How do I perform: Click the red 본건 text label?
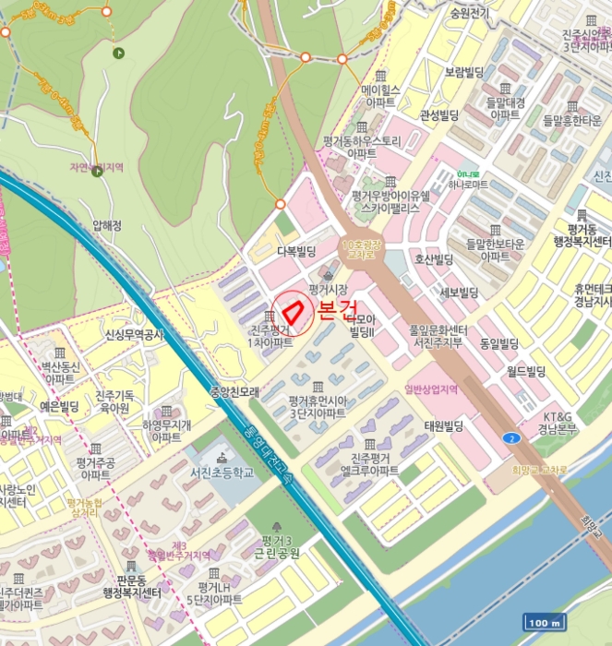(337, 310)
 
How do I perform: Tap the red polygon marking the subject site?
(294, 311)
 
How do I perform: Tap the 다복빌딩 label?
(297, 251)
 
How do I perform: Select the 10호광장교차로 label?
(360, 251)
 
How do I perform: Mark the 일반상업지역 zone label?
(431, 389)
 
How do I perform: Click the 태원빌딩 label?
(442, 425)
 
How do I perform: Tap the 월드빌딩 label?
(526, 372)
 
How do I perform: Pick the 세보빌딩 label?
(459, 293)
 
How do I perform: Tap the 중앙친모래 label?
(232, 391)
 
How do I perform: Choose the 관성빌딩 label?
(439, 114)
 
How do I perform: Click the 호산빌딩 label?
(434, 259)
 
